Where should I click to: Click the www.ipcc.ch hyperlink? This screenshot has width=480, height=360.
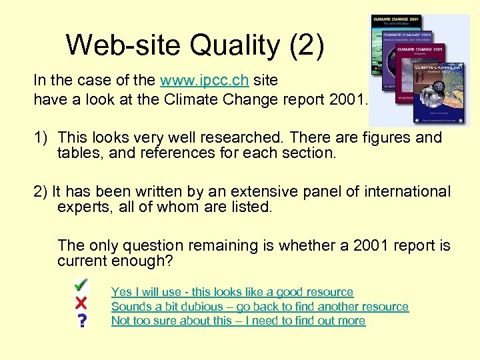205,81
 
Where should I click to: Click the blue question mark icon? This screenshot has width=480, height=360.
82,321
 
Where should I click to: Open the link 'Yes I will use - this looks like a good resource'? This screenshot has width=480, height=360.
232,292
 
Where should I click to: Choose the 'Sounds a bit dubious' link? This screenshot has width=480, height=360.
259,307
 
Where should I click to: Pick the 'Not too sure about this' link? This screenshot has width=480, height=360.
238,321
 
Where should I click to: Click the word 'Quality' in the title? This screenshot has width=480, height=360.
235,45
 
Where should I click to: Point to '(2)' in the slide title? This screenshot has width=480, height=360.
305,45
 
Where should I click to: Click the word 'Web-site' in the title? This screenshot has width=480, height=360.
123,45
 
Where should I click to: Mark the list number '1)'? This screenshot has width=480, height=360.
41,138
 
